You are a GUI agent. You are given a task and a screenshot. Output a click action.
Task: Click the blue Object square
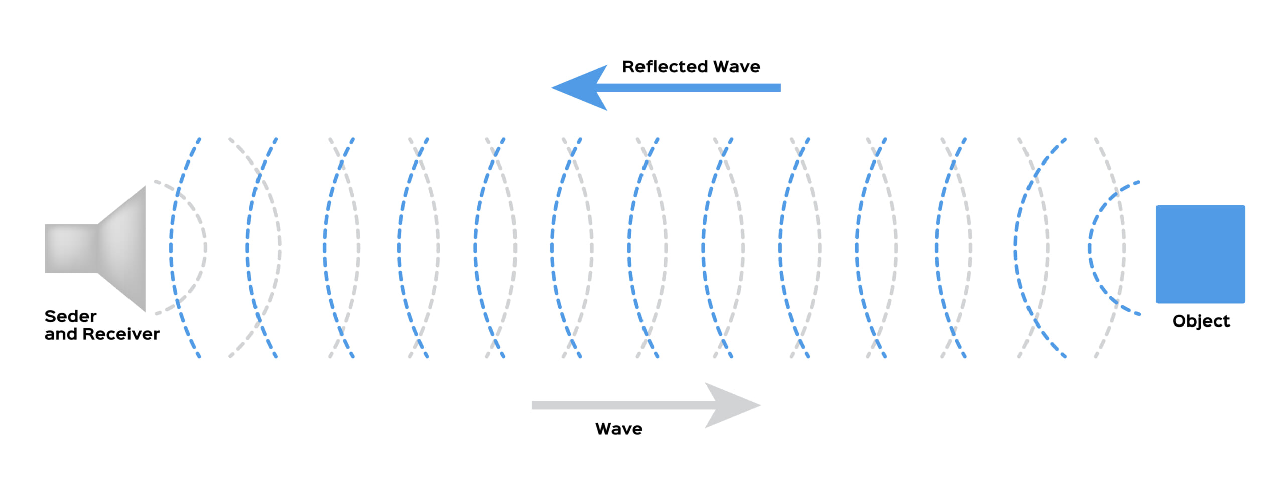pos(1200,254)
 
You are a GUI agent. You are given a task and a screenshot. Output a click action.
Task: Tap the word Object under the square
pos(1201,321)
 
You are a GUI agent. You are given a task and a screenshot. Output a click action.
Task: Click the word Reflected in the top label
pos(665,67)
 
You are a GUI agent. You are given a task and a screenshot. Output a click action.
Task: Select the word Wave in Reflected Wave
pos(736,67)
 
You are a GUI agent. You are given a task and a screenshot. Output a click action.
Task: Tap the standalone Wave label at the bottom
pos(618,429)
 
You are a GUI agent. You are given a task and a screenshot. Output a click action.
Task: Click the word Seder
pos(70,316)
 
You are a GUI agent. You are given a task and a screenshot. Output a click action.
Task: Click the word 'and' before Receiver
pos(60,334)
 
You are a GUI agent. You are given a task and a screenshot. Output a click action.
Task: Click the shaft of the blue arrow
pos(693,88)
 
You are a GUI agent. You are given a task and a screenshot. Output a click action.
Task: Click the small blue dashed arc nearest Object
pos(1090,248)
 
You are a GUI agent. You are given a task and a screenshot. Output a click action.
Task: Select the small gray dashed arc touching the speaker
pos(205,247)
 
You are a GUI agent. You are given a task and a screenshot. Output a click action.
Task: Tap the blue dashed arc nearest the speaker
pos(171,247)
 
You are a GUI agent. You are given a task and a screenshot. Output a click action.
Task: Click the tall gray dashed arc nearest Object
pos(1123,247)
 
